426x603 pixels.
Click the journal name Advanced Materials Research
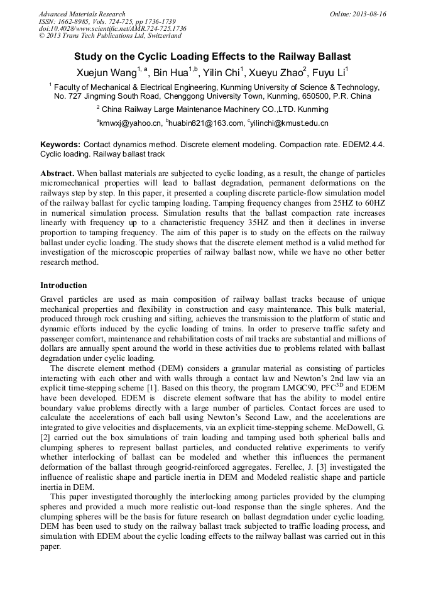82,14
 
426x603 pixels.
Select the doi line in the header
112,28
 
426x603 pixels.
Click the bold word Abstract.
58,173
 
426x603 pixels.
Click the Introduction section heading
63,285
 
